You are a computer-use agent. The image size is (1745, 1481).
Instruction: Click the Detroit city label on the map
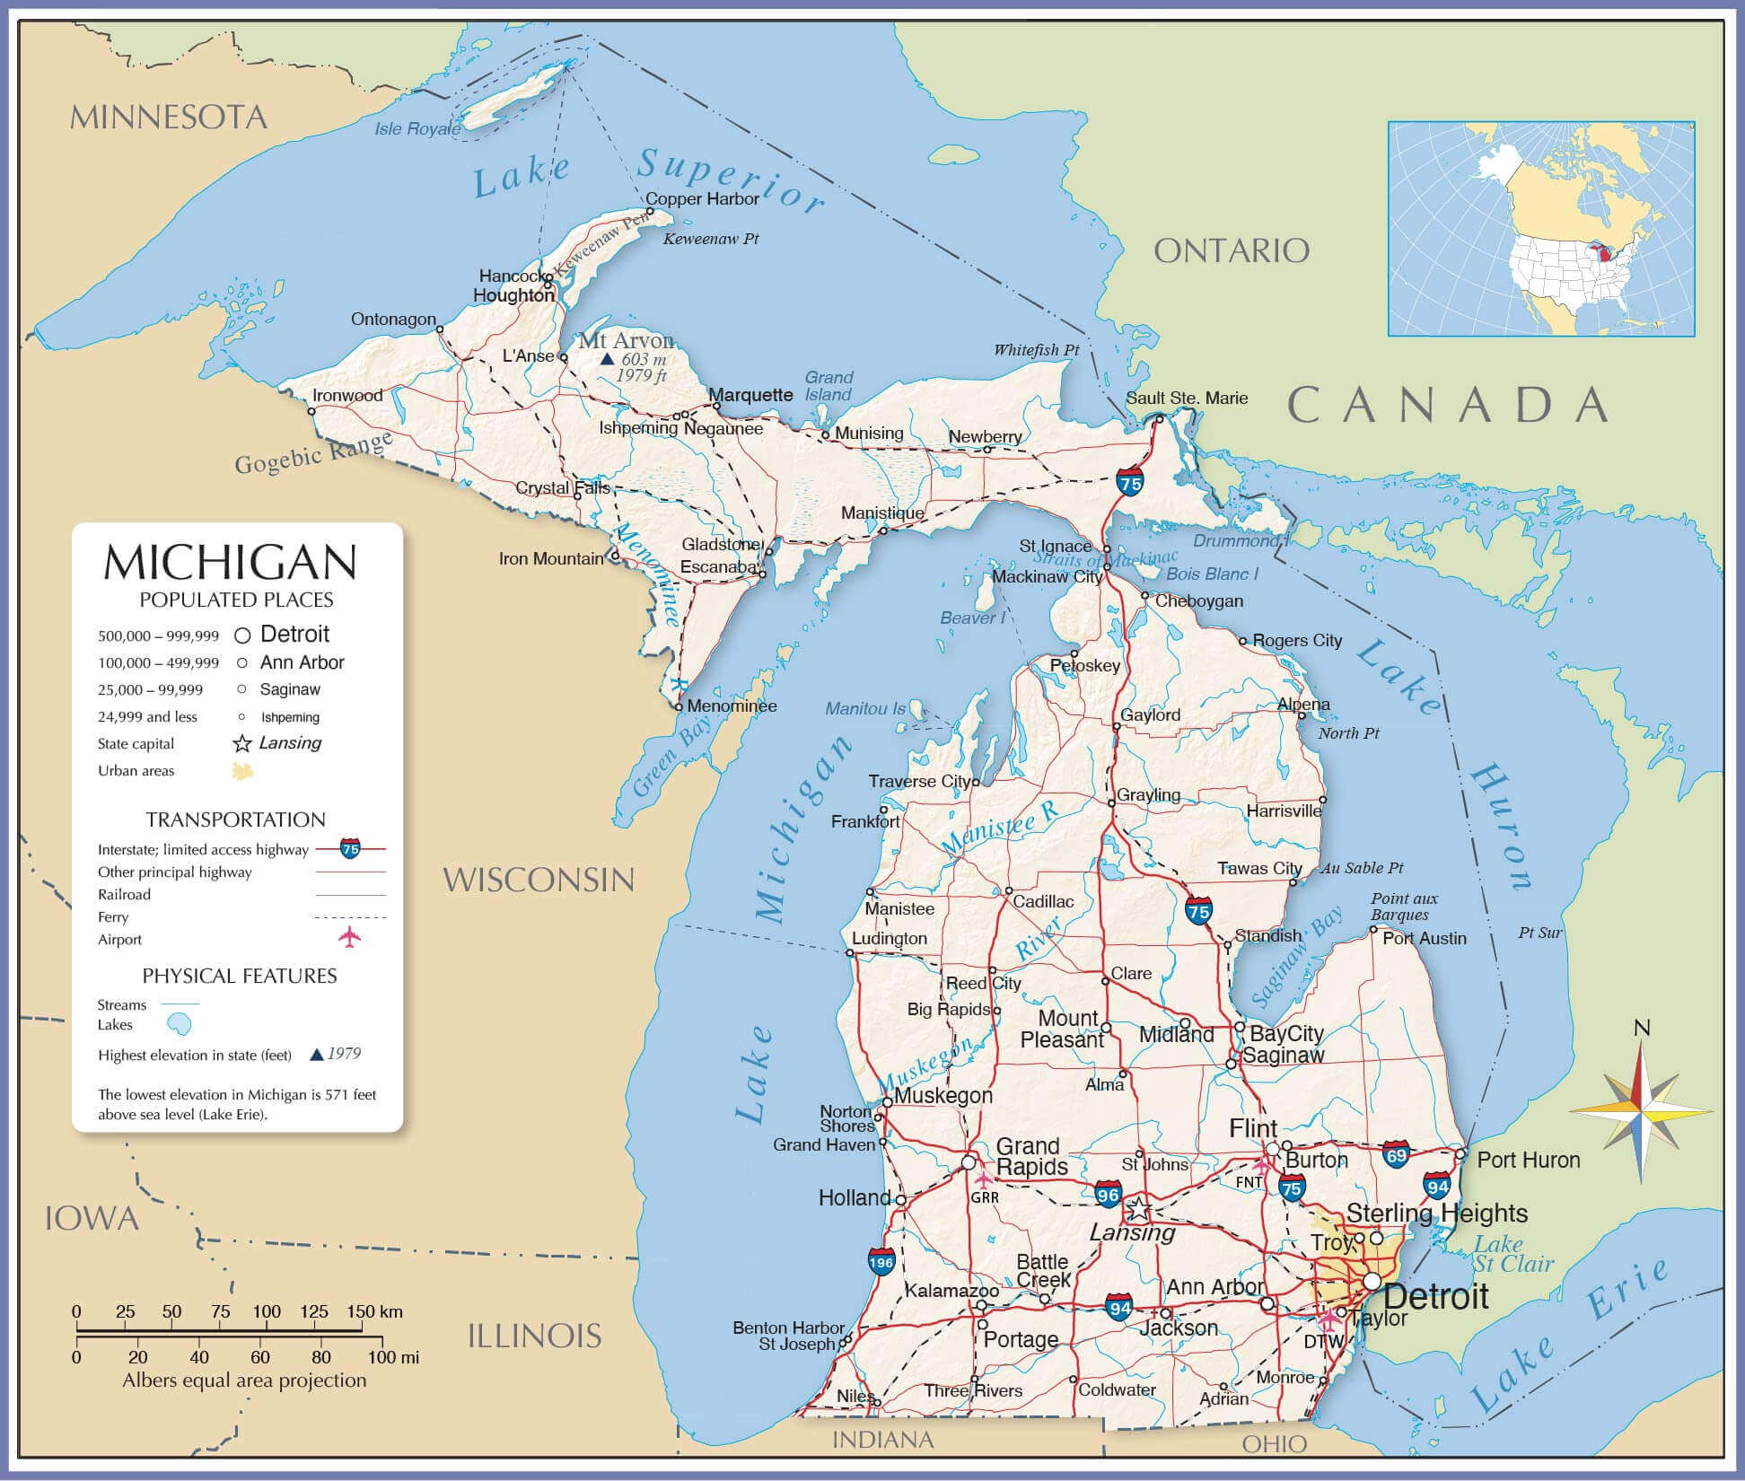[x=1435, y=1296]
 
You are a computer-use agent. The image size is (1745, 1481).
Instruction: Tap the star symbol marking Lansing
[x=1137, y=1209]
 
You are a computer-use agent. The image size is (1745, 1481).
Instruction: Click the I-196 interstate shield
[x=881, y=1261]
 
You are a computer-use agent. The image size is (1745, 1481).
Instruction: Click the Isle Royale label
[x=417, y=129]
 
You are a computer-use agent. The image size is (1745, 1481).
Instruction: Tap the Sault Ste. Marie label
[x=1187, y=398]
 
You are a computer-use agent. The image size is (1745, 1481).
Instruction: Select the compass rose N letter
[x=1642, y=1028]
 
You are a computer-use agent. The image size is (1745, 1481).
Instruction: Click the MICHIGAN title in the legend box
[x=231, y=563]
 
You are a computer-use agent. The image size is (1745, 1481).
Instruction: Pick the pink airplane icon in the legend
[x=349, y=938]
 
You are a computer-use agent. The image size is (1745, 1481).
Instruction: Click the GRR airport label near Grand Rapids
[x=985, y=1196]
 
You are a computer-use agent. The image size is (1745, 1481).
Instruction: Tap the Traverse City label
[x=919, y=781]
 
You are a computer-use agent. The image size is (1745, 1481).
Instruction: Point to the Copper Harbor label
[x=702, y=199]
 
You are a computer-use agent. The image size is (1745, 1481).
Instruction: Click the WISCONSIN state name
[x=539, y=880]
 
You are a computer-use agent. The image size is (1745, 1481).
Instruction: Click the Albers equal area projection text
[x=244, y=1380]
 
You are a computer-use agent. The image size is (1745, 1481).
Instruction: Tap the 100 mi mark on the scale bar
[x=394, y=1357]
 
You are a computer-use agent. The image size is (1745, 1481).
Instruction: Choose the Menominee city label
[x=732, y=705]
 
